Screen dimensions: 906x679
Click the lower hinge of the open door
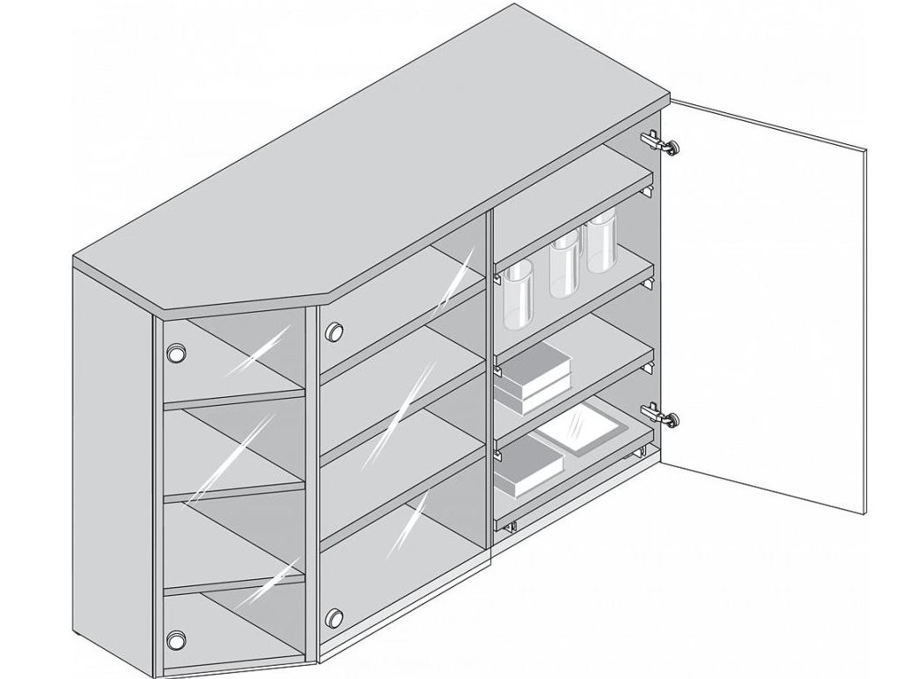(660, 413)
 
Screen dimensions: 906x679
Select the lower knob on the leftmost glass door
(177, 638)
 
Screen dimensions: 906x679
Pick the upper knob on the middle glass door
(334, 332)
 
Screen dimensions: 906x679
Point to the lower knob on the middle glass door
(334, 616)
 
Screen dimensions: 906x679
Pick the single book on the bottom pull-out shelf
(528, 466)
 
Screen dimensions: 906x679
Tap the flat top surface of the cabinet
(372, 168)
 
